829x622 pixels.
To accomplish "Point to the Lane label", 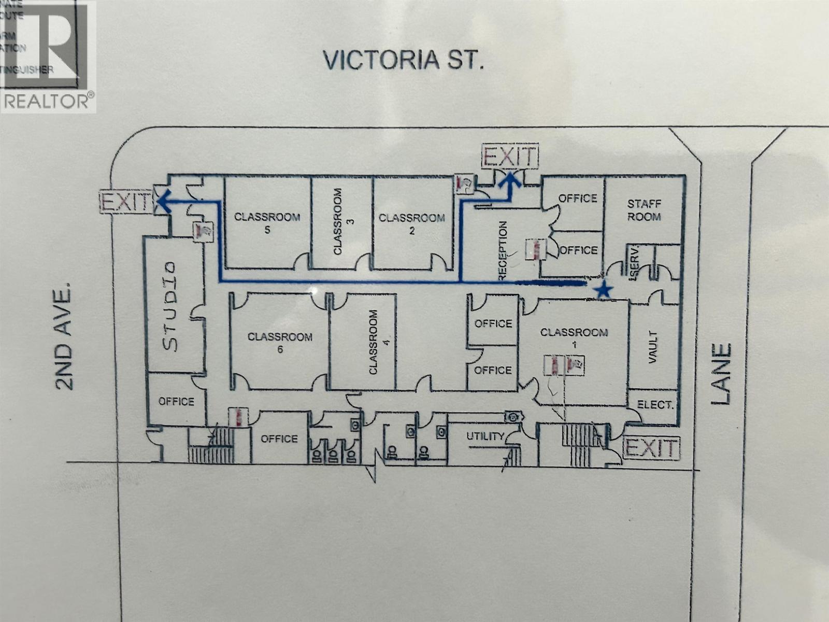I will [x=721, y=374].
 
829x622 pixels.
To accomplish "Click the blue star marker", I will [x=603, y=291].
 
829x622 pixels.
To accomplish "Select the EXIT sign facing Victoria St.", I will [x=510, y=155].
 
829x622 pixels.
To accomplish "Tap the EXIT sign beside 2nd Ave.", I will [x=126, y=202].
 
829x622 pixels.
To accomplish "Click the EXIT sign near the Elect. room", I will [x=652, y=448].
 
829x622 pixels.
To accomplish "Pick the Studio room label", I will [x=170, y=306].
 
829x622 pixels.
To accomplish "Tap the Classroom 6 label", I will [x=280, y=343].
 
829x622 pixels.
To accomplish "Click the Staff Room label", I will [x=644, y=210].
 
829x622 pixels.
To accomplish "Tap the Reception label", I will [x=503, y=251].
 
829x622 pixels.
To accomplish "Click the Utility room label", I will [x=485, y=436].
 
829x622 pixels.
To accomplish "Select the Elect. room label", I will [x=655, y=405].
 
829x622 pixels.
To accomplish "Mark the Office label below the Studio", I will [x=176, y=401].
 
